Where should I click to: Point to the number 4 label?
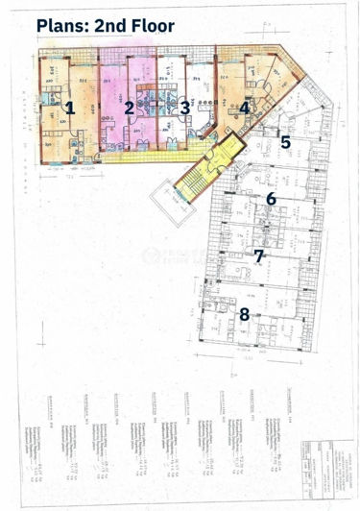(x=245, y=108)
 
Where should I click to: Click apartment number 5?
(x=285, y=142)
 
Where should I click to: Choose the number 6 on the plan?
(x=272, y=199)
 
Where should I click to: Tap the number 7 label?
(x=258, y=255)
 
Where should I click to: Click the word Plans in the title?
(x=61, y=26)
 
